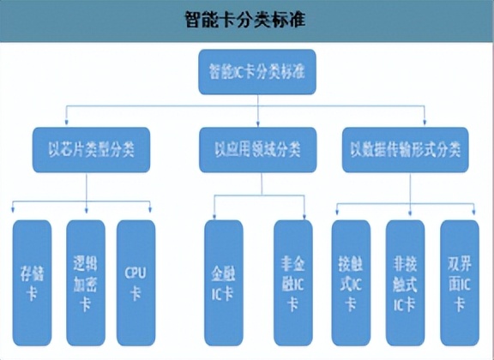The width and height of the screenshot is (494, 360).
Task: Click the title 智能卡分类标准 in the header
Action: tap(246, 20)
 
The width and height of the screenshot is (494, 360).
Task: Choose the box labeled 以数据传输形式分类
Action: tap(404, 149)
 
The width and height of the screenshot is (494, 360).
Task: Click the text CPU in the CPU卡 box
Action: tap(136, 273)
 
